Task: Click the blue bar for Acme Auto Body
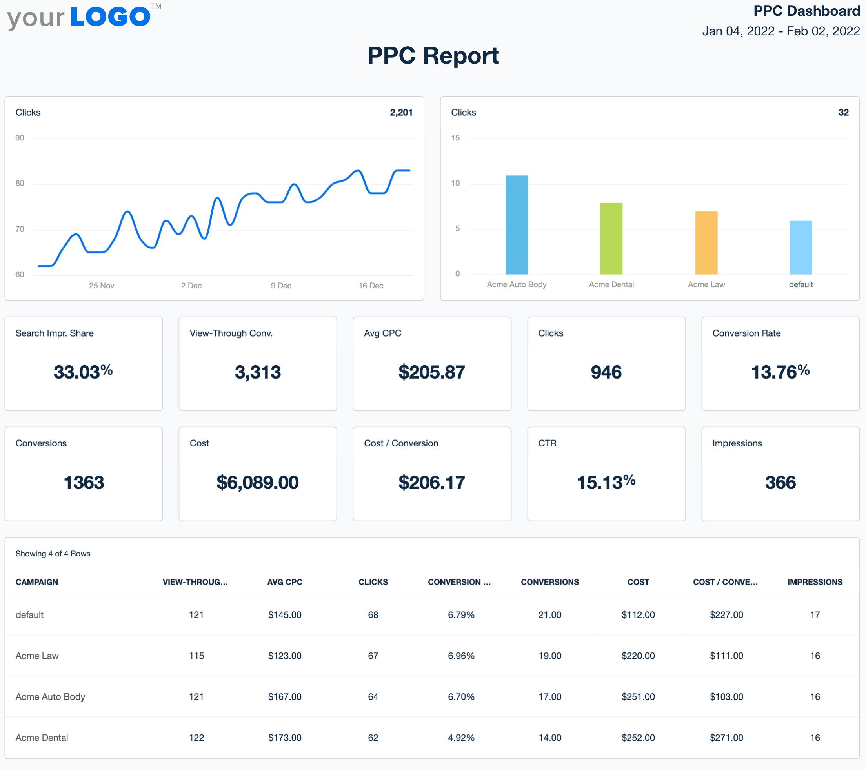coord(517,225)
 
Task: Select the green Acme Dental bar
coord(611,239)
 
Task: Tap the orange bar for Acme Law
coord(706,243)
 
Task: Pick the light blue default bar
coord(801,248)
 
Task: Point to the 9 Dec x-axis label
coord(281,286)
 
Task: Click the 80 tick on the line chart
coord(20,183)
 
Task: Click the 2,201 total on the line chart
coord(401,112)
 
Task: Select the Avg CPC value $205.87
coord(431,372)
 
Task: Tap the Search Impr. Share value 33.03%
coord(83,372)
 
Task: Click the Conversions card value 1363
coord(84,483)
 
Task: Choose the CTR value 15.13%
coord(606,483)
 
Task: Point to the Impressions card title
coord(737,443)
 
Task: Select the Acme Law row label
coord(37,656)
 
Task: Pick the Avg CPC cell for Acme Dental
coord(284,738)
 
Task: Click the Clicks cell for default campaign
coord(373,615)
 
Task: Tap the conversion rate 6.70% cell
coord(461,696)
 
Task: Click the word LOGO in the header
coord(110,17)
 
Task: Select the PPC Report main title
coord(433,56)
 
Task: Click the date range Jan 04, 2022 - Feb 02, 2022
coord(780,31)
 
